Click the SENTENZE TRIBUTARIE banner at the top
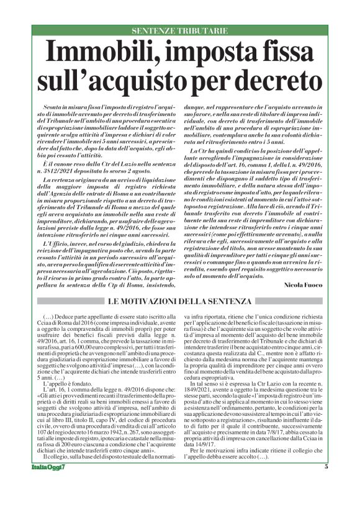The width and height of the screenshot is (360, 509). pos(180,30)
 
